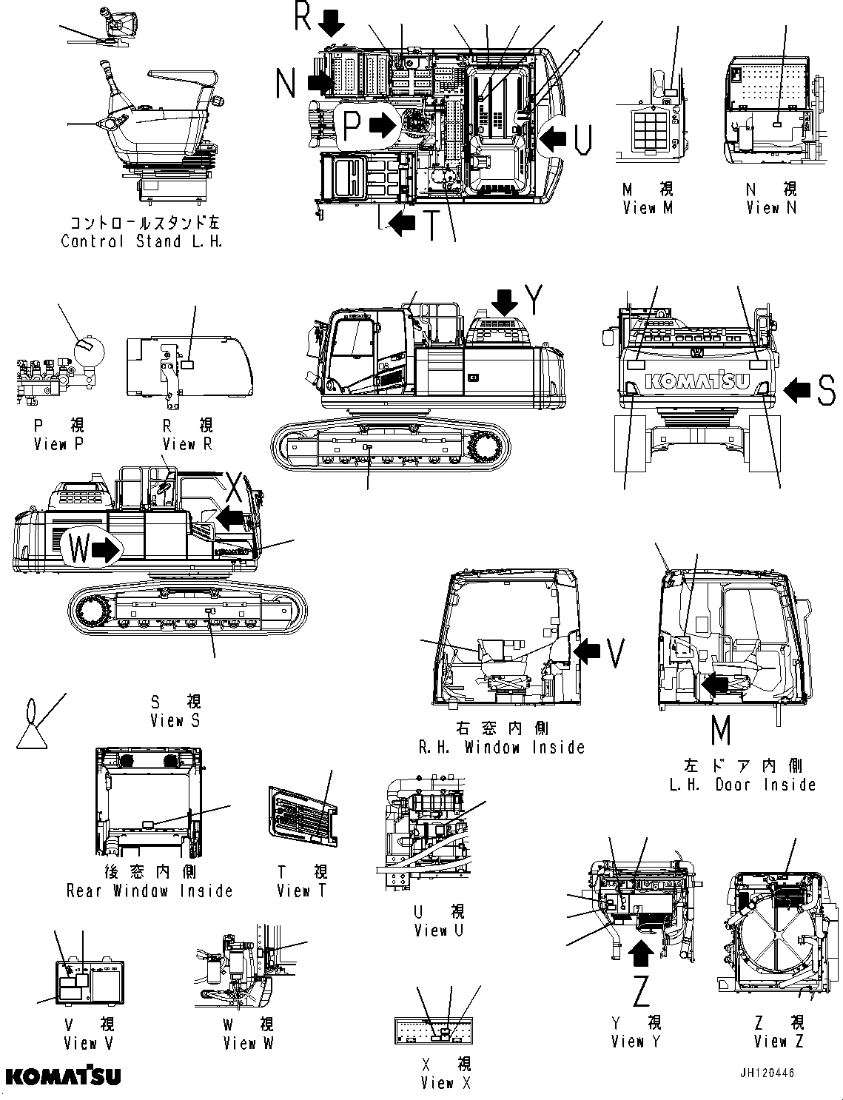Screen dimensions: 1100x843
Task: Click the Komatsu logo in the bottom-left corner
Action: (63, 1075)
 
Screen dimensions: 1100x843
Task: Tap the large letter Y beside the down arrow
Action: (536, 300)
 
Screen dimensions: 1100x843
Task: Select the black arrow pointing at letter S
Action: (796, 390)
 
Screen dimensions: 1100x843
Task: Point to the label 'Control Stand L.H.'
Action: (141, 241)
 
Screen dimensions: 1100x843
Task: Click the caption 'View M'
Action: (648, 208)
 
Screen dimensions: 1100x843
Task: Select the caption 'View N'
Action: (772, 208)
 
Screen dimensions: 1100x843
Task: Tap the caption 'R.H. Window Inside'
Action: (501, 748)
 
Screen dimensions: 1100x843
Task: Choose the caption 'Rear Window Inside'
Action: (150, 891)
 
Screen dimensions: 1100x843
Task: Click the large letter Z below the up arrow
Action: (641, 990)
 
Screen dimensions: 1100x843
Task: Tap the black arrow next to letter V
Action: (588, 651)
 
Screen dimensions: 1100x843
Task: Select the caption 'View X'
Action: (445, 1083)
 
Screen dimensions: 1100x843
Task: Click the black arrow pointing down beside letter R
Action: (332, 24)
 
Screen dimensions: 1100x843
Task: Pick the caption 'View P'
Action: (60, 444)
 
